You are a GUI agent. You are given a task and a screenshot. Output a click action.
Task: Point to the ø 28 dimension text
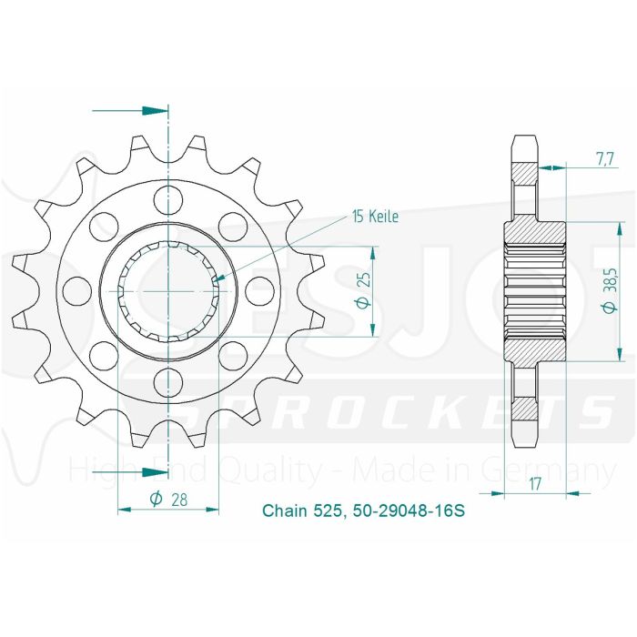[167, 499]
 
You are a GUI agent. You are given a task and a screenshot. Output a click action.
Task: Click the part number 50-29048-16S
[413, 512]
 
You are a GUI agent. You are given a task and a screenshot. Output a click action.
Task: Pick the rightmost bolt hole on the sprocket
[258, 288]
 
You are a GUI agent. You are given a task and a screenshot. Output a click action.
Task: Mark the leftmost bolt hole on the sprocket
[79, 288]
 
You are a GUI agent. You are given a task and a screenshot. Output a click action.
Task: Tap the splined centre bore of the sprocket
[168, 288]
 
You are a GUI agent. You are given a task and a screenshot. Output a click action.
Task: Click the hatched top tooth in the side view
[525, 173]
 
